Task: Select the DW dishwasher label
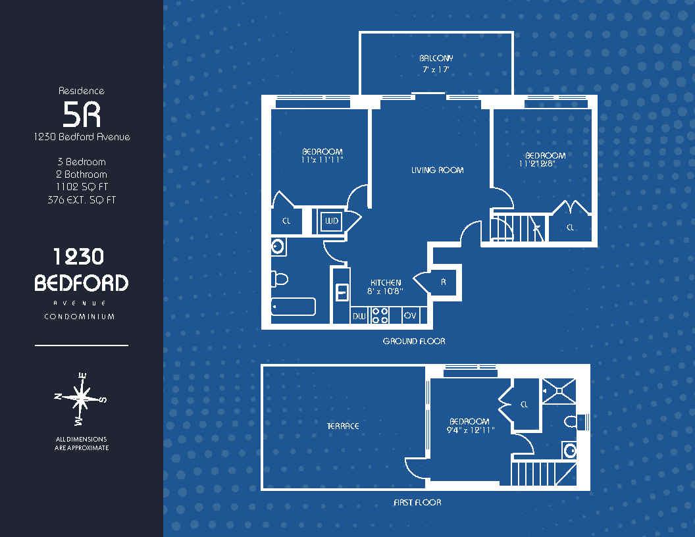click(x=359, y=316)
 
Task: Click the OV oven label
click(x=411, y=315)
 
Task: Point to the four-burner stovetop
click(x=380, y=315)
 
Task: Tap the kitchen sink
click(x=342, y=293)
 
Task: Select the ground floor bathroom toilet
click(x=280, y=279)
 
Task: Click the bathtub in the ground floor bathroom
click(x=293, y=306)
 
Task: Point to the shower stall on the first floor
click(x=559, y=391)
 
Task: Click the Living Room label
click(x=437, y=170)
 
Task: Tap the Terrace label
click(x=343, y=426)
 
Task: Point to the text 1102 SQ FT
click(x=82, y=187)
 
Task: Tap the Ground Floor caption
click(x=414, y=341)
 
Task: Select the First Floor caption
click(x=417, y=502)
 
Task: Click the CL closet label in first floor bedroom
click(x=525, y=405)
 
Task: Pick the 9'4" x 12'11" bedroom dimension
click(x=471, y=430)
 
